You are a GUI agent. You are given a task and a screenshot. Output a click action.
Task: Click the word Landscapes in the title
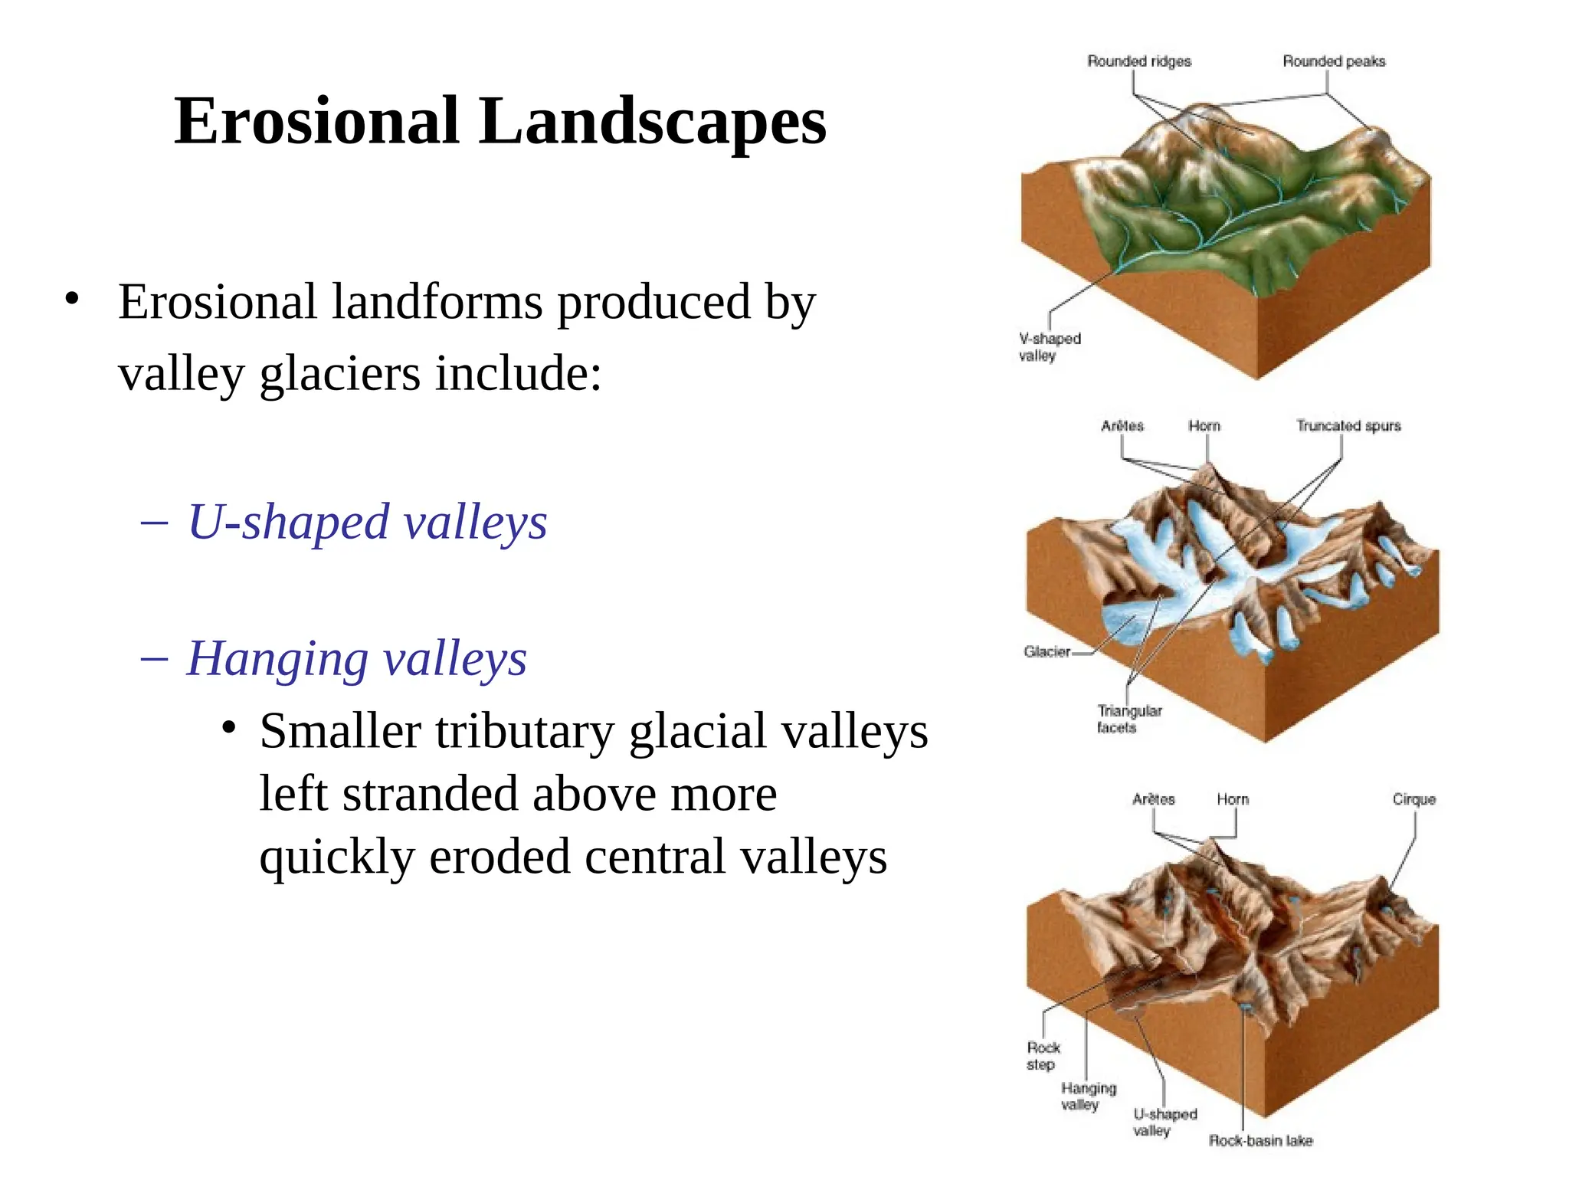(x=652, y=123)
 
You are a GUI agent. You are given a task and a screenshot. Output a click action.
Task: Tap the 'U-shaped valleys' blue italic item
(x=368, y=523)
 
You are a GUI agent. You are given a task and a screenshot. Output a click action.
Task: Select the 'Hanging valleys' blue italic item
(x=357, y=659)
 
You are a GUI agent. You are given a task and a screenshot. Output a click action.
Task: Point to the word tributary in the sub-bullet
(x=525, y=731)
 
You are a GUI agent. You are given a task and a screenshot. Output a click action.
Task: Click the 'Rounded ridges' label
(x=1139, y=61)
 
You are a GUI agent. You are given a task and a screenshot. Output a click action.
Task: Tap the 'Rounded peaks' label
(x=1334, y=61)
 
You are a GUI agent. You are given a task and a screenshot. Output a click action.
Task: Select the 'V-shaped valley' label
(x=1049, y=347)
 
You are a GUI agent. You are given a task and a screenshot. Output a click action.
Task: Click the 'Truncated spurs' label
(x=1348, y=425)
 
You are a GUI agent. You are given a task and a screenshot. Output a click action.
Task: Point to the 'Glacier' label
(x=1047, y=652)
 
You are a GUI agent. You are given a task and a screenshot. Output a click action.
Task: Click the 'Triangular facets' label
(x=1128, y=720)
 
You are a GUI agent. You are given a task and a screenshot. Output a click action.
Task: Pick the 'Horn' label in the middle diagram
(x=1204, y=425)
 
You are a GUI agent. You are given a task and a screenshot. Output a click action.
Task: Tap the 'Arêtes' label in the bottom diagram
(x=1153, y=799)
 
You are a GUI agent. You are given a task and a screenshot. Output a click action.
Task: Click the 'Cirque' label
(x=1413, y=799)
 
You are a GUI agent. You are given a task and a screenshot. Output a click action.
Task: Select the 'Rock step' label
(x=1043, y=1056)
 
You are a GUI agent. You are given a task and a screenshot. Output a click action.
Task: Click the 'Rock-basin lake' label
(x=1260, y=1141)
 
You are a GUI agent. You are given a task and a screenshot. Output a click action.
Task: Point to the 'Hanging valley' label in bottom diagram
(x=1088, y=1097)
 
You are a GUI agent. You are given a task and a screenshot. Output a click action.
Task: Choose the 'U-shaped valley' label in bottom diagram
(x=1164, y=1123)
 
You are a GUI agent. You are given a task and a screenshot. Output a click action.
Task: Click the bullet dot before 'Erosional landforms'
(x=72, y=299)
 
